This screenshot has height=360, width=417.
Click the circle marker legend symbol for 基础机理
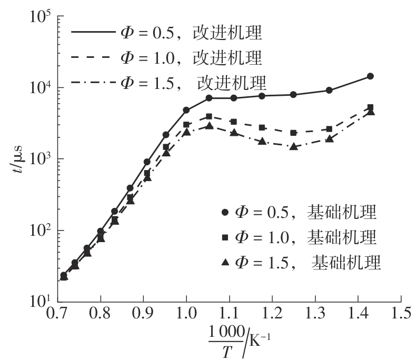tap(225, 213)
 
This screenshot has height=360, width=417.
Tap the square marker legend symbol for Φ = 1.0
tap(225, 237)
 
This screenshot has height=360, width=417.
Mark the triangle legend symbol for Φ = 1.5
tap(225, 262)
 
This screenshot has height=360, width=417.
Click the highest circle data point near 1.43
tap(370, 76)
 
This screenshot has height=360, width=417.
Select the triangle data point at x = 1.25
tap(293, 146)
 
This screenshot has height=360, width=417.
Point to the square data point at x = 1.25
tap(293, 133)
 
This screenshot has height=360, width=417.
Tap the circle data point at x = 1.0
tap(186, 110)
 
